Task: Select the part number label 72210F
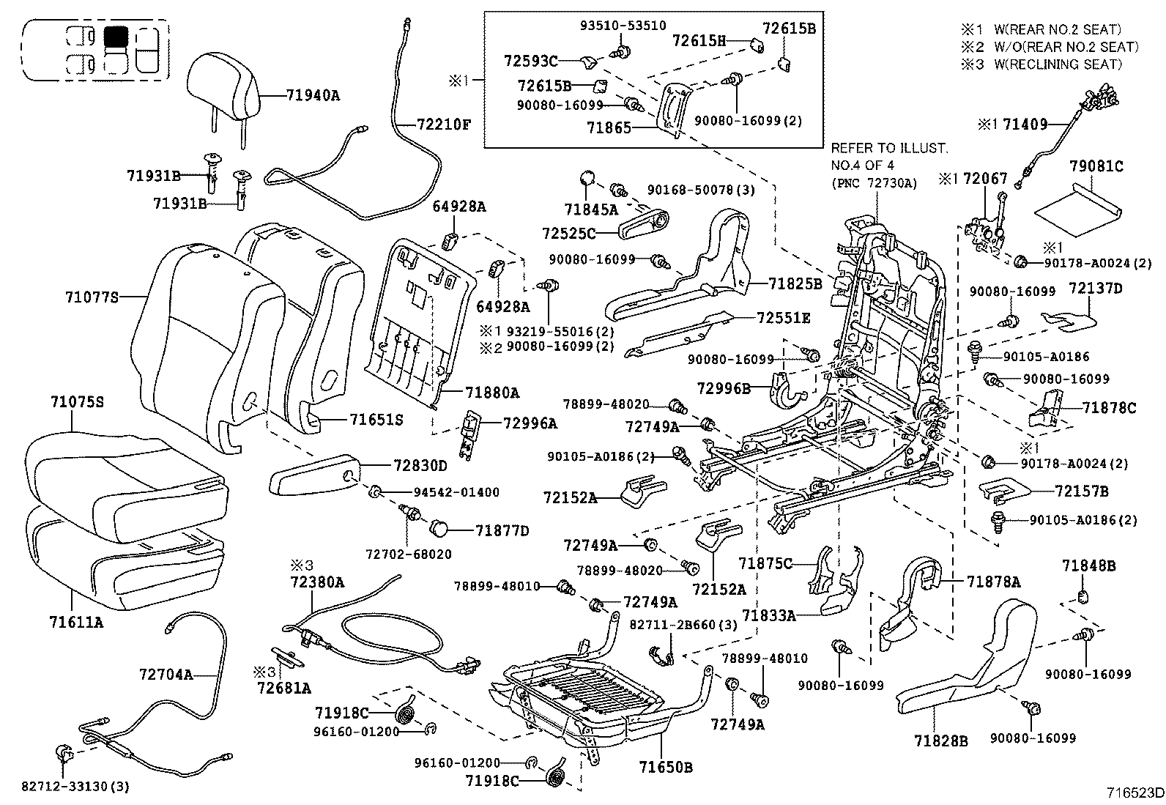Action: pyautogui.click(x=443, y=124)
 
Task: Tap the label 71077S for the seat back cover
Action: pyautogui.click(x=92, y=297)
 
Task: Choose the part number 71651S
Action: pyautogui.click(x=376, y=420)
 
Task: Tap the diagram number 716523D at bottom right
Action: pyautogui.click(x=1135, y=793)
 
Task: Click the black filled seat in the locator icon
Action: pyautogui.click(x=116, y=37)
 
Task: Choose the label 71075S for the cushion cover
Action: pyautogui.click(x=77, y=402)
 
